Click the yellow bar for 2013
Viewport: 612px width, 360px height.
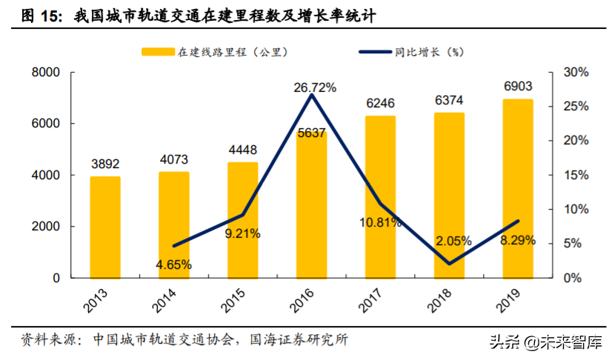click(x=105, y=227)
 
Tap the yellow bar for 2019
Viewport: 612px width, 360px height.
click(x=517, y=189)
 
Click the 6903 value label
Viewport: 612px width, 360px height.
click(x=517, y=87)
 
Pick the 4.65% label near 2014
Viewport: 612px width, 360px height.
click(x=174, y=264)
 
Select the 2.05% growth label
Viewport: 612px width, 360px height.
click(x=450, y=241)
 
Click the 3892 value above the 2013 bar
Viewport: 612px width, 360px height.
click(x=105, y=164)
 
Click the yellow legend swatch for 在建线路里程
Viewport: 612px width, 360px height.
click(x=156, y=52)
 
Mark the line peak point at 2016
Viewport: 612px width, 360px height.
click(x=311, y=95)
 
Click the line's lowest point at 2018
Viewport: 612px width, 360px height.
click(x=449, y=263)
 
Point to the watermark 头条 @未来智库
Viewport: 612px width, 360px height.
click(x=544, y=341)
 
